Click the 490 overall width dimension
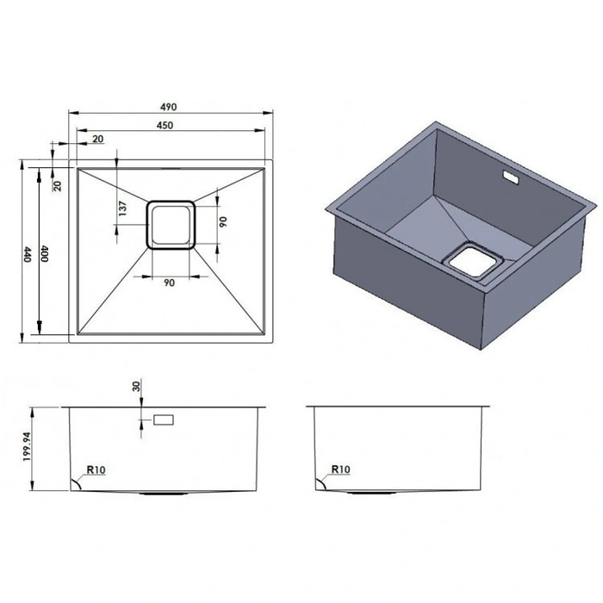(x=169, y=107)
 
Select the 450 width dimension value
(x=165, y=125)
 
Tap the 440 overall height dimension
(x=27, y=255)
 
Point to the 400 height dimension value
(x=45, y=254)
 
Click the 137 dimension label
(x=122, y=208)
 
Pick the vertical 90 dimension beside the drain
(x=223, y=222)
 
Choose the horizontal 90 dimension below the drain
(x=169, y=283)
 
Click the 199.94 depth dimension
(x=27, y=447)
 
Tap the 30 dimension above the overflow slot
(x=136, y=386)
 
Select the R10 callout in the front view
(x=96, y=469)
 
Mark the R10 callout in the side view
(x=341, y=469)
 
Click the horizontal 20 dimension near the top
(x=98, y=139)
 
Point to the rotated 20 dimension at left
(x=57, y=186)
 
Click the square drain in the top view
(x=171, y=225)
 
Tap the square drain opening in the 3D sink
(x=474, y=262)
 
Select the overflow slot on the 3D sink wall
(x=511, y=177)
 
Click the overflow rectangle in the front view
(x=164, y=420)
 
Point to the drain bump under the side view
(x=371, y=493)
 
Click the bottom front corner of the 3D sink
(x=481, y=349)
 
